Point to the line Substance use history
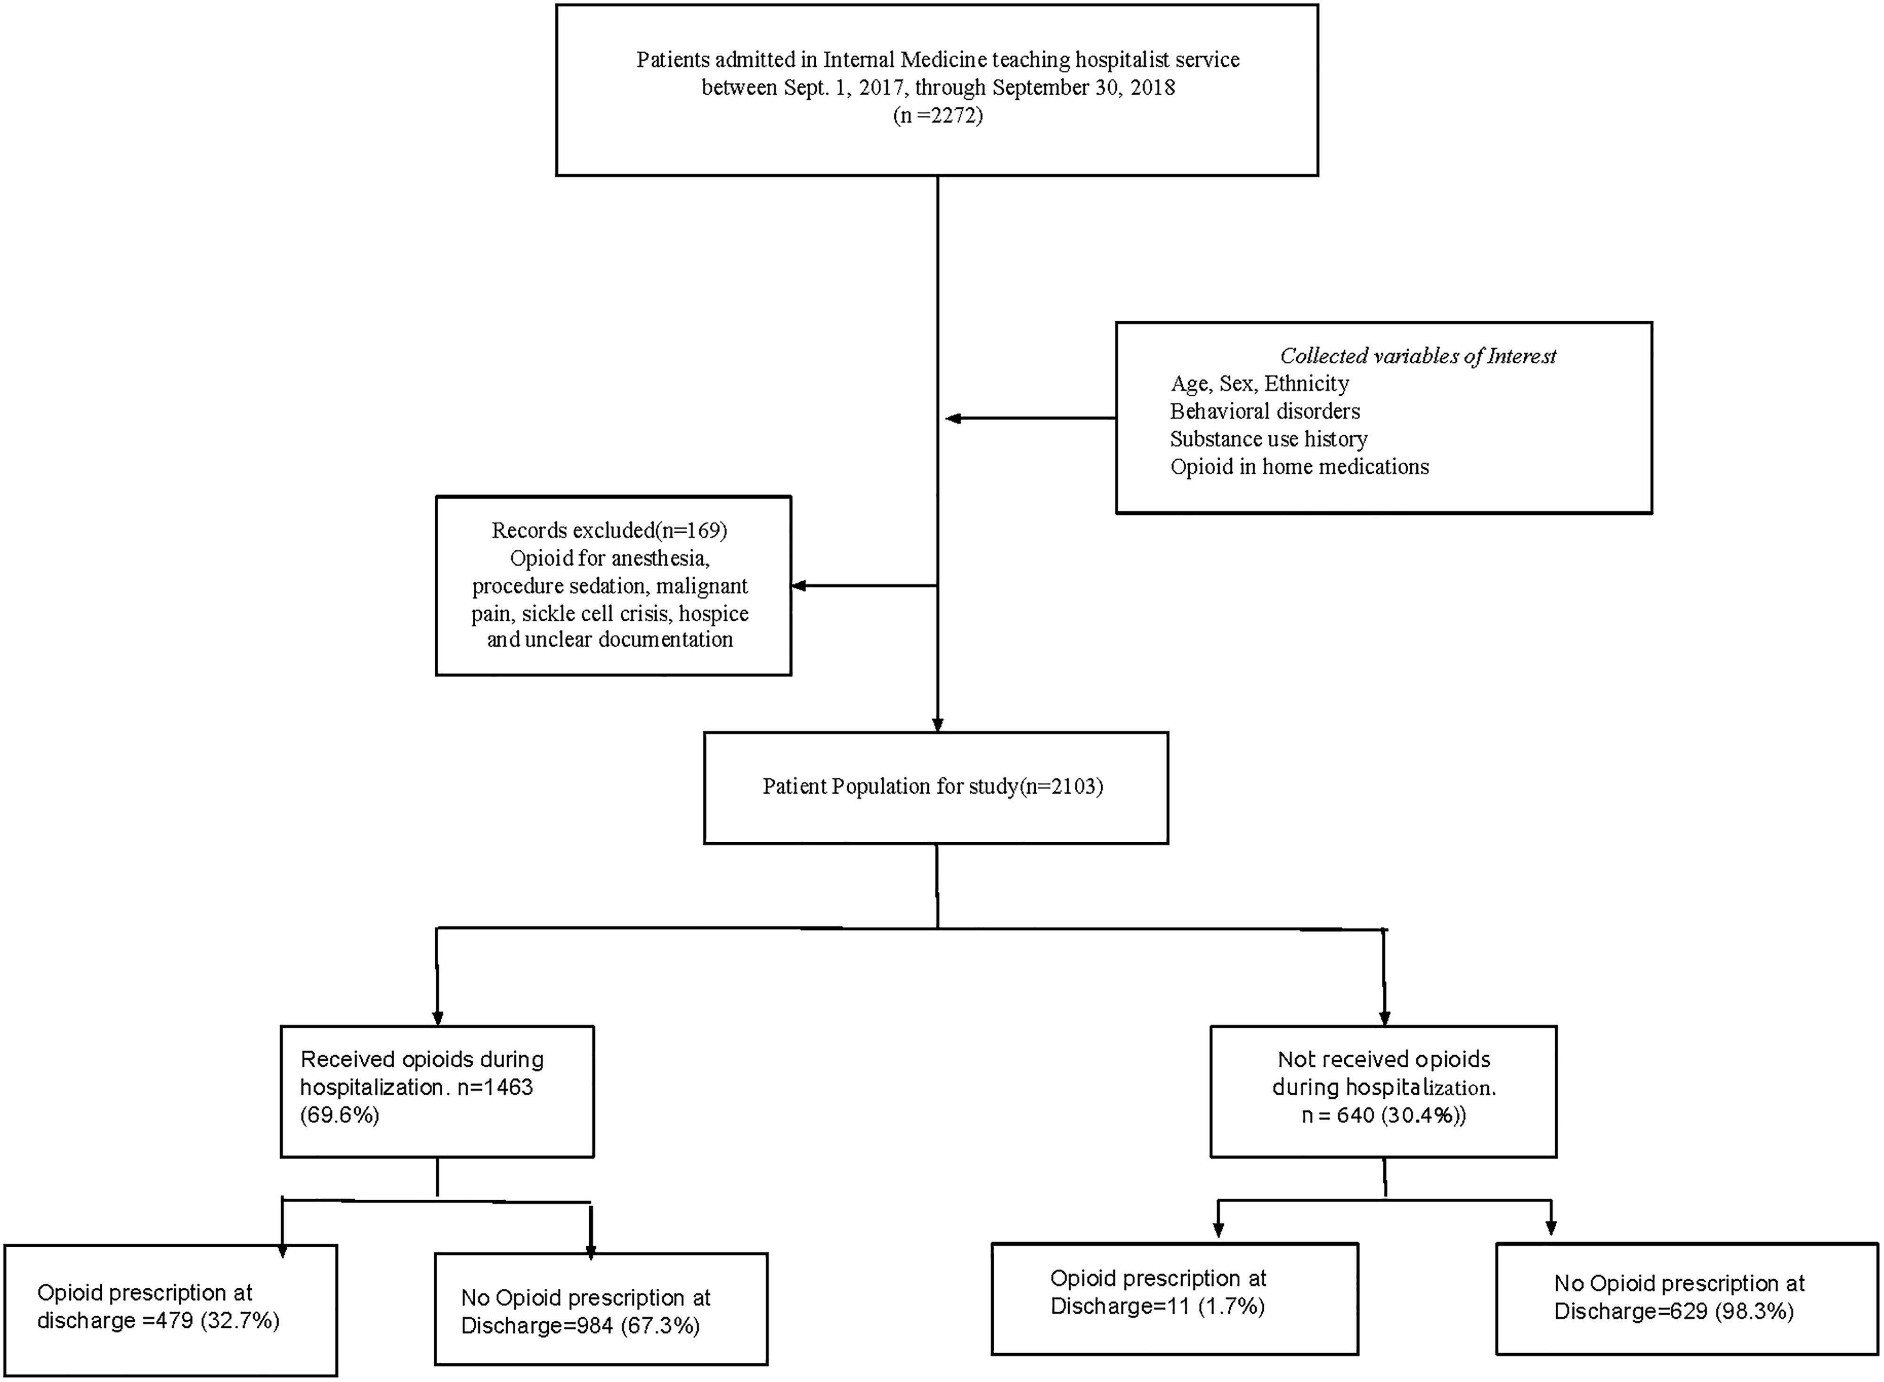[x=1269, y=439]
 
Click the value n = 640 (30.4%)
[x=1384, y=1115]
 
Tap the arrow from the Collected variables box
[x=1030, y=418]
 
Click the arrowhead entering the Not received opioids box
[x=1385, y=1018]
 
